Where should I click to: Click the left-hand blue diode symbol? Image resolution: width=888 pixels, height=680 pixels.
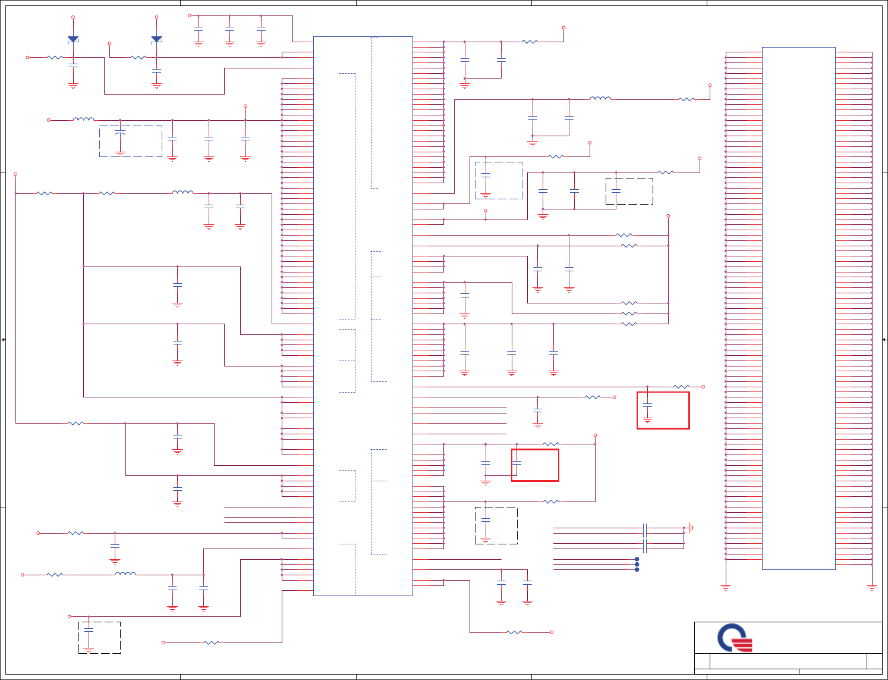tap(73, 39)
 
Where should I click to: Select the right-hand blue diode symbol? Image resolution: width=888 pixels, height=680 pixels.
tap(156, 39)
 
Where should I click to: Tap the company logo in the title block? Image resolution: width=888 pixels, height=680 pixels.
tap(735, 638)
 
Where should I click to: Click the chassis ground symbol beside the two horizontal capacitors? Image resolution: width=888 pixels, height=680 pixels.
tap(691, 527)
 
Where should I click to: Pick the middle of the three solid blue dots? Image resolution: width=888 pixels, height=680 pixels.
tap(637, 564)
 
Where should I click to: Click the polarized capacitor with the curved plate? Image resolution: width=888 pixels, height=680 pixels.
tap(120, 134)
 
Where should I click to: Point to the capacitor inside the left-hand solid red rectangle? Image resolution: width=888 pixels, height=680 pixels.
tap(517, 462)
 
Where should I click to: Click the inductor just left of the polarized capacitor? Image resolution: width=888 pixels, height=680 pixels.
tap(83, 120)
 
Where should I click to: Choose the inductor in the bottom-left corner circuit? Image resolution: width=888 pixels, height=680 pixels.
tap(125, 574)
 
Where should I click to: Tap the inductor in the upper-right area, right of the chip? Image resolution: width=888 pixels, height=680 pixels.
tap(600, 99)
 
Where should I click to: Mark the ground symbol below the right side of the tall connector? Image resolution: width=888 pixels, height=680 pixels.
tap(872, 587)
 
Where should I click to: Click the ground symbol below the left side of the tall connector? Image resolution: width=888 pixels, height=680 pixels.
tap(725, 587)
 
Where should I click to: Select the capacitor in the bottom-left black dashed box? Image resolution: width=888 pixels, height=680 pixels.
tap(89, 628)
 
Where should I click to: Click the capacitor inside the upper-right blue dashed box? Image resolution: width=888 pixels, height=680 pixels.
tap(486, 176)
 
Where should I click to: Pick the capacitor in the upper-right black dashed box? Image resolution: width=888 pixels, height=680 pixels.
tap(616, 190)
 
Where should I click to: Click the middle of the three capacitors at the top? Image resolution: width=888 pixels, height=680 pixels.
tap(229, 29)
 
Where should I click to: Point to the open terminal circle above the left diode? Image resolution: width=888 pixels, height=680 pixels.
tap(73, 17)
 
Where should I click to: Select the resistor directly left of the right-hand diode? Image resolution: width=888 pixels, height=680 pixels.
tap(138, 58)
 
